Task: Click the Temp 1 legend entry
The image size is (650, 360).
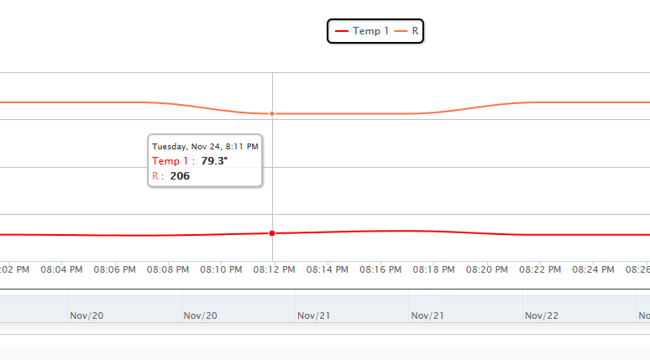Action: pyautogui.click(x=362, y=31)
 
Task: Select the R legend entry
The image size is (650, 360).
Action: pyautogui.click(x=407, y=31)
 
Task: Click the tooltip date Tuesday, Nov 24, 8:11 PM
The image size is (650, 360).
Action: pyautogui.click(x=205, y=146)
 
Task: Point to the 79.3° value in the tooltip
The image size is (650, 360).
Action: pyautogui.click(x=214, y=160)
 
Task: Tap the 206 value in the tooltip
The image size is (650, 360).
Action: pyautogui.click(x=180, y=176)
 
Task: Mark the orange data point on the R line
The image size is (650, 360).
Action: pyautogui.click(x=271, y=113)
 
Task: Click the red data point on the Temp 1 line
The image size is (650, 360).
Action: pyautogui.click(x=271, y=232)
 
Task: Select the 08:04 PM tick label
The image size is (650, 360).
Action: pyautogui.click(x=61, y=270)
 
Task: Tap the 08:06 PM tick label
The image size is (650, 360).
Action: pyautogui.click(x=114, y=270)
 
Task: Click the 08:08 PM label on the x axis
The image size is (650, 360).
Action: pyautogui.click(x=168, y=270)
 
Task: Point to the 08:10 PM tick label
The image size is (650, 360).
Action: pyautogui.click(x=221, y=270)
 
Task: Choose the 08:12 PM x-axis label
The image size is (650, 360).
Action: pyautogui.click(x=274, y=270)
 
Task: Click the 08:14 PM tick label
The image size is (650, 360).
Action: pyautogui.click(x=327, y=270)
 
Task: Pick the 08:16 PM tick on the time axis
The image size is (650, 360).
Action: pyautogui.click(x=380, y=270)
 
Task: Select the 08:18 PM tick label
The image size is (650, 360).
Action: pyautogui.click(x=433, y=270)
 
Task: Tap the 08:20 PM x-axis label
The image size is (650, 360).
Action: pyautogui.click(x=486, y=270)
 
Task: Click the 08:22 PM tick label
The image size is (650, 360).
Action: pyautogui.click(x=540, y=270)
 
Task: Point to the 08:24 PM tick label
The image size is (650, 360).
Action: pyautogui.click(x=593, y=270)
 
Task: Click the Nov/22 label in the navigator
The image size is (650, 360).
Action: pyautogui.click(x=542, y=316)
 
